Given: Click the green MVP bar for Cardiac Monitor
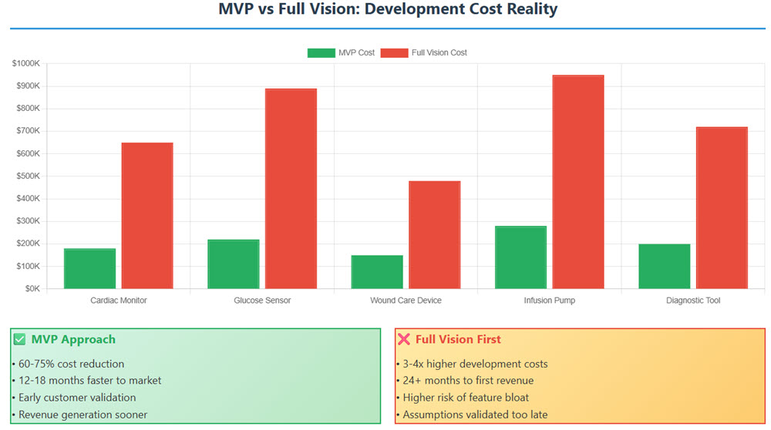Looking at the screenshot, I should coord(90,269).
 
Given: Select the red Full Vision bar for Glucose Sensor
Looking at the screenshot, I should coord(291,189).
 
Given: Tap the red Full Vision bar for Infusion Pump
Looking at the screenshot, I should coord(578,182).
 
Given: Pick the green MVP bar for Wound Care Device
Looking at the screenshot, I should coord(377,272).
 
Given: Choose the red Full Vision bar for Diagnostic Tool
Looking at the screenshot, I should coord(722,208).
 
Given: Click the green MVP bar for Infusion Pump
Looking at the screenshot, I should coord(520,257).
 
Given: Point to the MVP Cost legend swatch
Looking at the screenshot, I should coord(321,53).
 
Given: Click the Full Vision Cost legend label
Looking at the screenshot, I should coord(439,53).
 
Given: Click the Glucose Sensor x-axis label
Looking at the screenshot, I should coord(262,301).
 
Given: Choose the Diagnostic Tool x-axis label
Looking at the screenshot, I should coord(693,301).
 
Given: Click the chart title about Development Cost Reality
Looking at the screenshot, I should coord(388,10).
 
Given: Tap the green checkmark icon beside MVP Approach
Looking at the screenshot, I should coord(20,340).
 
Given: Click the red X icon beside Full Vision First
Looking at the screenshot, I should coord(404,340).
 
